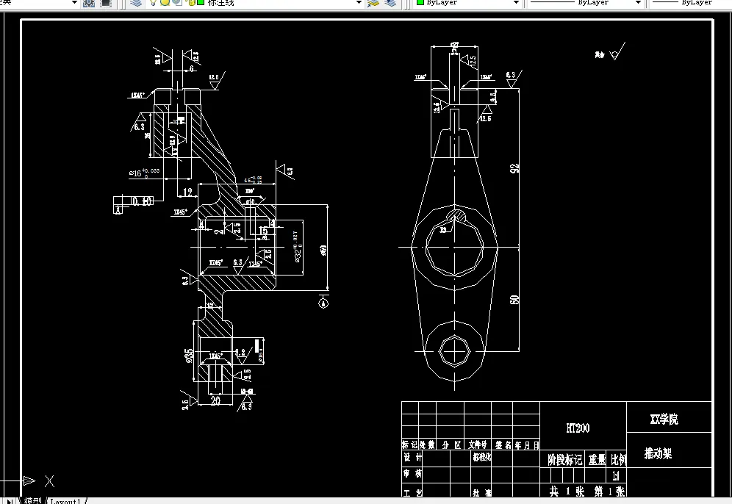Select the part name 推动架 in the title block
658,453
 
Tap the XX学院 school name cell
664,420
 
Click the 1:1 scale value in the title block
616,475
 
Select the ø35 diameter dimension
189,356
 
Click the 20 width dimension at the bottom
215,400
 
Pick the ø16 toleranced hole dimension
144,173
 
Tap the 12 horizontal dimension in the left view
188,192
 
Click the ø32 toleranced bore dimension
297,248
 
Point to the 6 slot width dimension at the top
192,68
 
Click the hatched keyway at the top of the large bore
455,215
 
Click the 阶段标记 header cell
564,460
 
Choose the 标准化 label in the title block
481,456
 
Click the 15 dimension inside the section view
262,231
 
